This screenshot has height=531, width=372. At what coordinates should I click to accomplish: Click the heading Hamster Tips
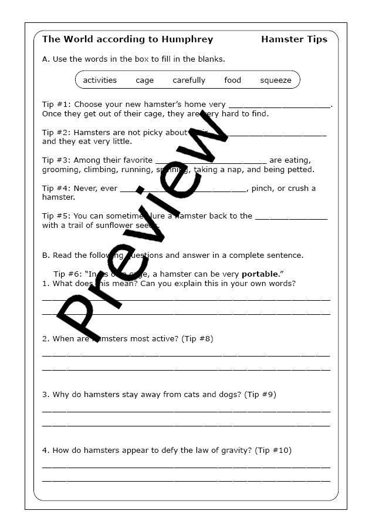[294, 39]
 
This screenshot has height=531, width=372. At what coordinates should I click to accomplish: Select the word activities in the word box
[100, 80]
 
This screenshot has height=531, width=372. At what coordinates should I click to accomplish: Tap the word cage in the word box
[144, 80]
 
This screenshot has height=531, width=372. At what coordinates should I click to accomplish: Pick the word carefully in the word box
[189, 80]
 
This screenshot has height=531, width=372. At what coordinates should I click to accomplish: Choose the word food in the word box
[232, 80]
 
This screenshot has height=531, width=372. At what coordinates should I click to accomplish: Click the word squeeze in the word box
[275, 80]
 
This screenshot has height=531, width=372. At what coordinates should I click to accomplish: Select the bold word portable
[259, 274]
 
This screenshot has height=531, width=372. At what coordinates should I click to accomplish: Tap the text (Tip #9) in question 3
[260, 394]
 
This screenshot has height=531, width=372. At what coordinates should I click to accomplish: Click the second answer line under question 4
[186, 481]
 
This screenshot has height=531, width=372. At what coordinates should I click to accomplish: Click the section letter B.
[46, 255]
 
